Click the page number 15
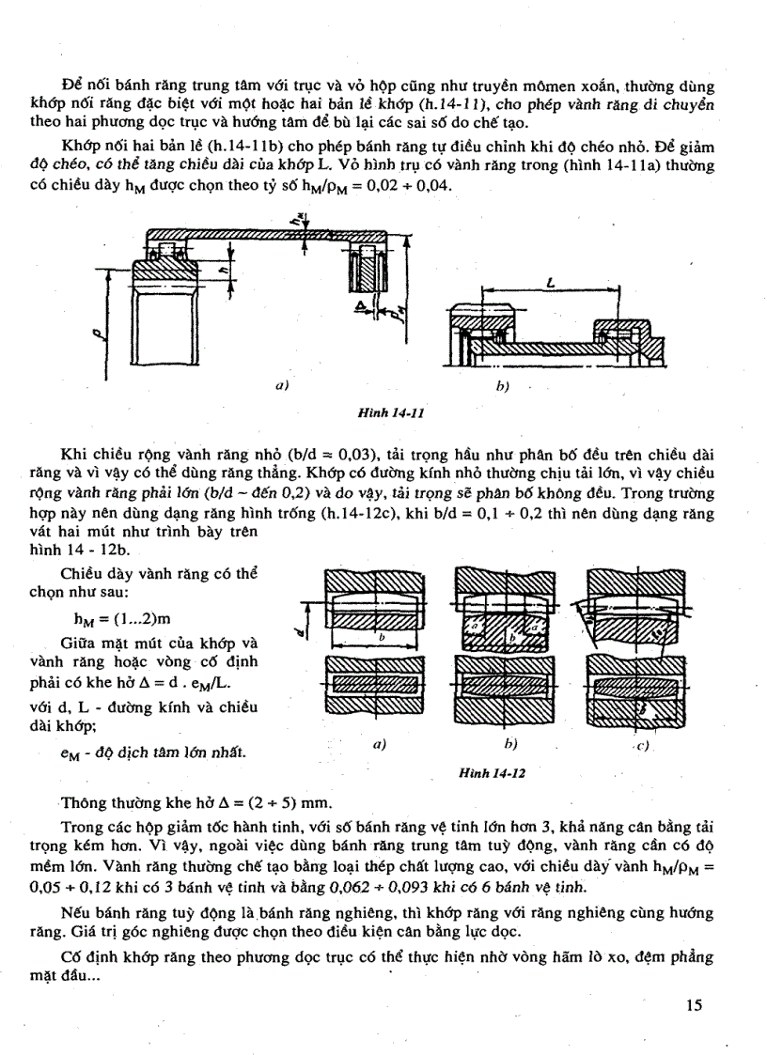[x=695, y=1005]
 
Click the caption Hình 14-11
[x=385, y=411]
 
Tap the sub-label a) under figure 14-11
[x=281, y=384]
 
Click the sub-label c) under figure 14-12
[x=644, y=746]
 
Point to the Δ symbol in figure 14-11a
[x=360, y=307]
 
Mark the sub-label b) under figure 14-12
[x=511, y=744]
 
